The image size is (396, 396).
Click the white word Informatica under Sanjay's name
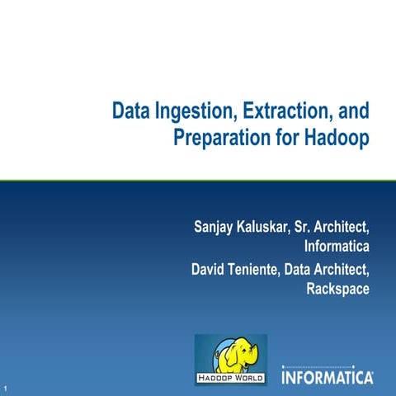337,246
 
